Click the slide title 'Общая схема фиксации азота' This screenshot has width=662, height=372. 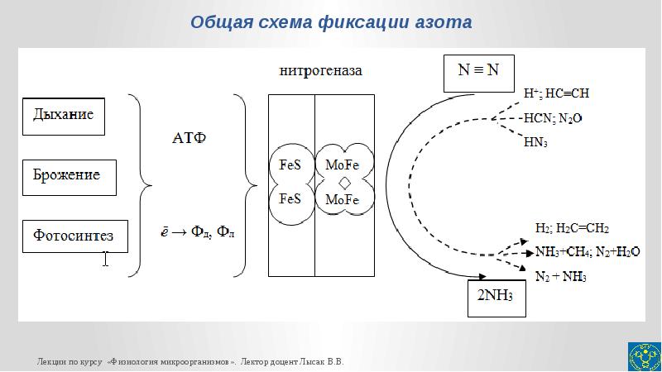pyautogui.click(x=331, y=22)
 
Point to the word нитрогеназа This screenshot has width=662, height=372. pyautogui.click(x=319, y=71)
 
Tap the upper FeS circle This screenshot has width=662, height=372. pyautogui.click(x=290, y=165)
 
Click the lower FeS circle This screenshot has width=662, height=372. pyautogui.click(x=290, y=199)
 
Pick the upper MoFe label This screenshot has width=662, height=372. pyautogui.click(x=342, y=165)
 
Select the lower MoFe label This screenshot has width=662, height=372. pyautogui.click(x=342, y=199)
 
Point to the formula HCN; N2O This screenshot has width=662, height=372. pyautogui.click(x=553, y=117)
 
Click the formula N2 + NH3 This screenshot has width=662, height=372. pyautogui.click(x=560, y=275)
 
